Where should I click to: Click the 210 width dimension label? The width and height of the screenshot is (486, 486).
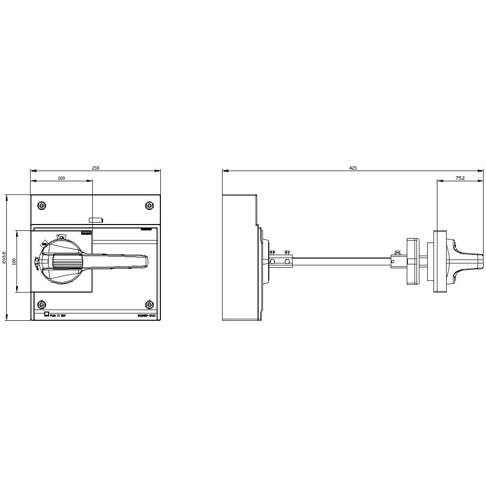pyautogui.click(x=96, y=168)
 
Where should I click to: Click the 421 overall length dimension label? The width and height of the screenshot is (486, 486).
pyautogui.click(x=353, y=168)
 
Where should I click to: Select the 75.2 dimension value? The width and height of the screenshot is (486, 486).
pyautogui.click(x=460, y=178)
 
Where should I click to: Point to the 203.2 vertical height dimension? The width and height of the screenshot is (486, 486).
pyautogui.click(x=4, y=258)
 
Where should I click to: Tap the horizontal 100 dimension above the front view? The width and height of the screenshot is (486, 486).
pyautogui.click(x=61, y=178)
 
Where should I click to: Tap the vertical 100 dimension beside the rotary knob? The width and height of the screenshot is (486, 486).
pyautogui.click(x=15, y=261)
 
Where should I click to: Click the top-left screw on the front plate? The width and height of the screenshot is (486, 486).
pyautogui.click(x=42, y=206)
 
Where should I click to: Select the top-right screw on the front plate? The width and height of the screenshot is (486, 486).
pyautogui.click(x=149, y=206)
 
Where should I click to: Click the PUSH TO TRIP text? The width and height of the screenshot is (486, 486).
pyautogui.click(x=58, y=316)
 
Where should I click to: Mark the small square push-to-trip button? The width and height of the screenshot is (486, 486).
pyautogui.click(x=47, y=314)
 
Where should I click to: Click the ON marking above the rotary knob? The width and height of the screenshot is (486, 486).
pyautogui.click(x=62, y=237)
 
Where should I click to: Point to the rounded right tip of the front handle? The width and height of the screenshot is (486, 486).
pyautogui.click(x=145, y=261)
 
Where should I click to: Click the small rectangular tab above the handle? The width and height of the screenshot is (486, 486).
pyautogui.click(x=96, y=220)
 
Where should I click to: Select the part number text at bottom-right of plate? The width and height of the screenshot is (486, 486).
pyautogui.click(x=147, y=316)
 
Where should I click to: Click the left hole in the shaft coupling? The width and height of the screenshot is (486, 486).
pyautogui.click(x=273, y=261)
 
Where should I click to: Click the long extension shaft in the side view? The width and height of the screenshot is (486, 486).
pyautogui.click(x=340, y=261)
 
